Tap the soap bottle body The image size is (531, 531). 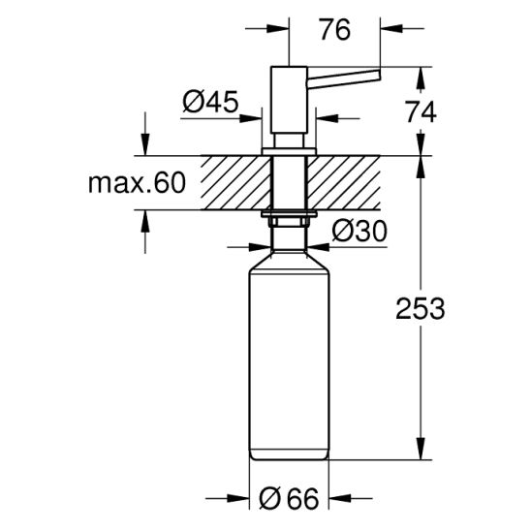290,359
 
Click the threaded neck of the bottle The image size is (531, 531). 290,231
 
